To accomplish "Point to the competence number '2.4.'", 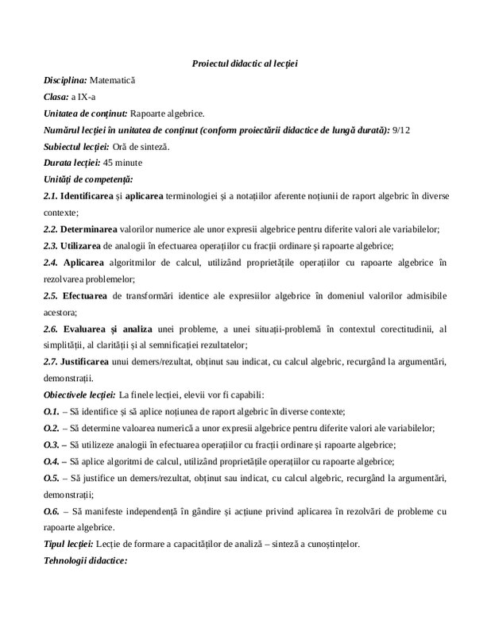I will pyautogui.click(x=52, y=262).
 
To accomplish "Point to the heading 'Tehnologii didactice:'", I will pyautogui.click(x=87, y=560).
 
